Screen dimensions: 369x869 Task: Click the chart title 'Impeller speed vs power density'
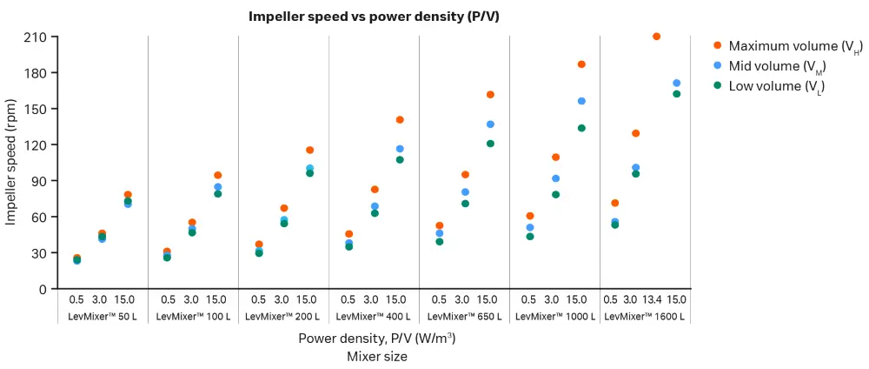(374, 17)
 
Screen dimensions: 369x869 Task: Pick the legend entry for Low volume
(776, 86)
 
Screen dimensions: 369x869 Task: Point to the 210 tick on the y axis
(42, 37)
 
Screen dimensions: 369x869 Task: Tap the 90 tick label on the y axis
(45, 181)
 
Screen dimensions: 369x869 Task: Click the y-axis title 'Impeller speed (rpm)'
(11, 163)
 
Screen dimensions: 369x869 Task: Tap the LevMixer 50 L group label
(103, 317)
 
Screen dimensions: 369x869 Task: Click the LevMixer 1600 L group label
(644, 317)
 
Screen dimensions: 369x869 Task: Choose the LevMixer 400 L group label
(374, 317)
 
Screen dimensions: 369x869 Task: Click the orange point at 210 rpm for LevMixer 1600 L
(656, 37)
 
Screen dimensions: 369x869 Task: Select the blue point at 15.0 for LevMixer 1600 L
(677, 84)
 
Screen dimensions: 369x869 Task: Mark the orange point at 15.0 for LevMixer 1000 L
(581, 64)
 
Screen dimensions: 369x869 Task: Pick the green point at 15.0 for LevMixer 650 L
(490, 144)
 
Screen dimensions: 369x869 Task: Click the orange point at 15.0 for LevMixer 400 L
(400, 120)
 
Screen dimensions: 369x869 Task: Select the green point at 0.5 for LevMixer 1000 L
(530, 237)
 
